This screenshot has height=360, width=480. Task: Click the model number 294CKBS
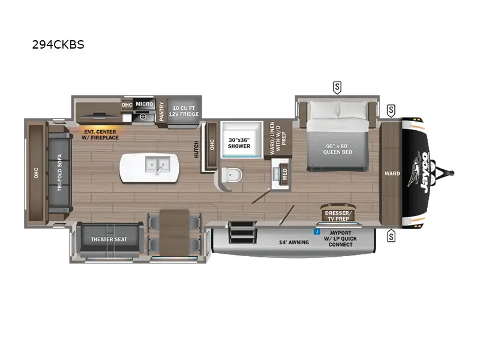pyautogui.click(x=59, y=45)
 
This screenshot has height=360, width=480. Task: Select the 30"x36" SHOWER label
pyautogui.click(x=239, y=143)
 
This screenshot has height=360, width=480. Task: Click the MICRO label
pyautogui.click(x=144, y=104)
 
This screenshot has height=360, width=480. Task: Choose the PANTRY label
pyautogui.click(x=161, y=112)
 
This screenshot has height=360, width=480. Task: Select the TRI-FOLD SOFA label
pyautogui.click(x=60, y=173)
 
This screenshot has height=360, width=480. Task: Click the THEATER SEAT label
pyautogui.click(x=109, y=239)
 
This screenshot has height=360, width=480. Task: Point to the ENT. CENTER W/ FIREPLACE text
pyautogui.click(x=101, y=134)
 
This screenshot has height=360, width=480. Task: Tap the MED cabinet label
pyautogui.click(x=284, y=174)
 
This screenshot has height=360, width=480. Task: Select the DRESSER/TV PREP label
pyautogui.click(x=340, y=215)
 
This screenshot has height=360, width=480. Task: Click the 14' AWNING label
pyautogui.click(x=294, y=242)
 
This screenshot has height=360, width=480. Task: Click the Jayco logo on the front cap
pyautogui.click(x=421, y=169)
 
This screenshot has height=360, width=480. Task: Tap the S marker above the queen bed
pyautogui.click(x=337, y=88)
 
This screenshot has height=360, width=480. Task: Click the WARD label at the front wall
pyautogui.click(x=392, y=174)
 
